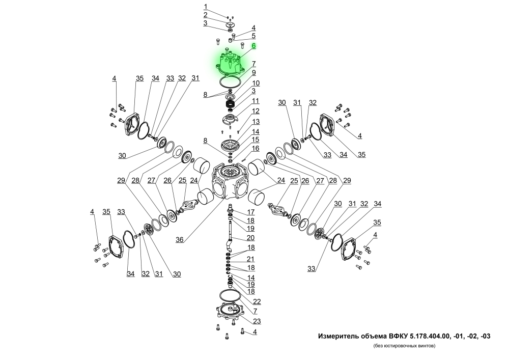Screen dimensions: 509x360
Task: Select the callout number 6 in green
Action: pos(253,46)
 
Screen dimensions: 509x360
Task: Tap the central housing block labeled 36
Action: pos(230,181)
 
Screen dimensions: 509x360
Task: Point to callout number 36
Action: pos(180,239)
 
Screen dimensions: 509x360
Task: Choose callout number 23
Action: pos(257,321)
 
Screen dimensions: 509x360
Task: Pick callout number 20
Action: pos(250,238)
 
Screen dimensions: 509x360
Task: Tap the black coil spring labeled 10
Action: pos(231,104)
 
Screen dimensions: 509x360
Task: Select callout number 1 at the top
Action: pos(206,7)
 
